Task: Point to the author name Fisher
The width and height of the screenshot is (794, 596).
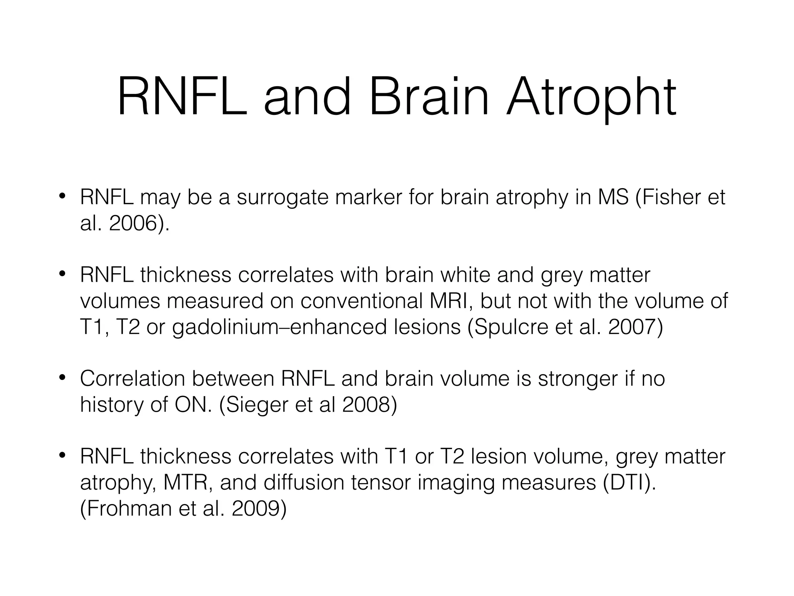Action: [x=672, y=198]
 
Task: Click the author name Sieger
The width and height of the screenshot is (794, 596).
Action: [x=257, y=405]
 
